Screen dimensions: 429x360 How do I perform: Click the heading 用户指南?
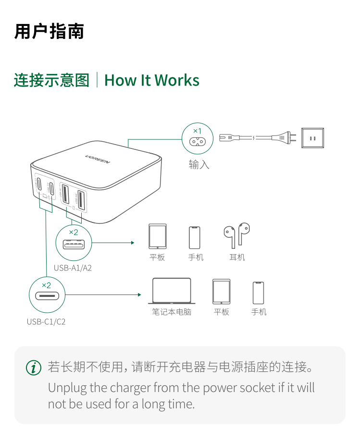coord(49,31)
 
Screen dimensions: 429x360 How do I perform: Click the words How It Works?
coord(151,80)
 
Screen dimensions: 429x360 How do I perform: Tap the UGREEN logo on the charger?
coord(98,159)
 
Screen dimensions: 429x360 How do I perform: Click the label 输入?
coord(199,165)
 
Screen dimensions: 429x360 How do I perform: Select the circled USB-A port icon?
coord(74,243)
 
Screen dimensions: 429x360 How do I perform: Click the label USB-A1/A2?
coord(73,268)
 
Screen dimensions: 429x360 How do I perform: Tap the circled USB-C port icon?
coord(47,294)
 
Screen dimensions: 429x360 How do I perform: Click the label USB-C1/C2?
coord(46,321)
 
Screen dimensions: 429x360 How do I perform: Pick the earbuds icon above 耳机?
coord(236,234)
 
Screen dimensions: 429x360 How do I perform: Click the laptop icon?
coord(172,291)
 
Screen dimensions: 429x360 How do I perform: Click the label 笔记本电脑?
coord(172,312)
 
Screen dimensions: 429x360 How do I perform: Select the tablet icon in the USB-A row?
coord(157,236)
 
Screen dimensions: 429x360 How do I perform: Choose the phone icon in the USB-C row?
coord(259,293)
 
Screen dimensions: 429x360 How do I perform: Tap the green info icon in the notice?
coord(33,368)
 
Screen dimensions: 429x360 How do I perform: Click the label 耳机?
coord(237,257)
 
